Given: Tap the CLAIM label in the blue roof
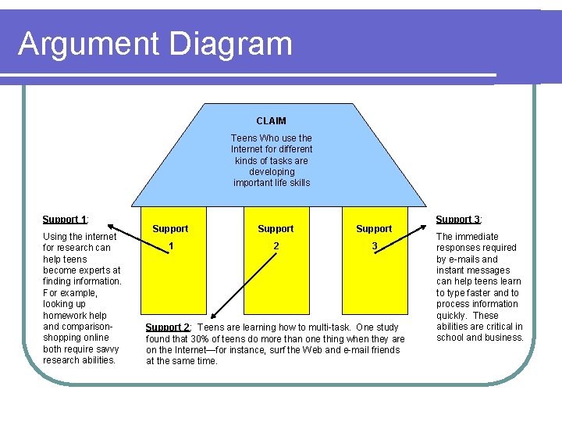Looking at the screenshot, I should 271,121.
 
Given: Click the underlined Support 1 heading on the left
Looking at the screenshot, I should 64,220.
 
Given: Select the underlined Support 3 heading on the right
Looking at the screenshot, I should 458,220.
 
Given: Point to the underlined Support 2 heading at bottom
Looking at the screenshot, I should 169,327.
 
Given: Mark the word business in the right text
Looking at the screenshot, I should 504,338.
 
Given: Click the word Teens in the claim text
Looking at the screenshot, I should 243,138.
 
